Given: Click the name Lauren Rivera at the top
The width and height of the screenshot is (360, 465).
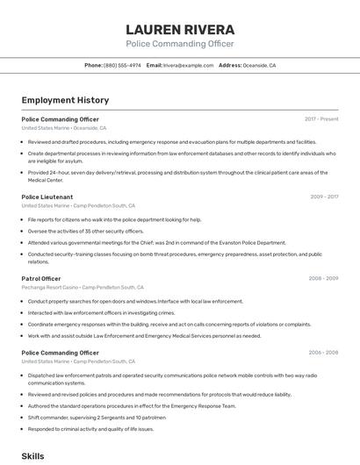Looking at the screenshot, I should tap(180, 29).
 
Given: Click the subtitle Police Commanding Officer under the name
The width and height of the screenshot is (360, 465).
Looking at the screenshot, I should tap(180, 43).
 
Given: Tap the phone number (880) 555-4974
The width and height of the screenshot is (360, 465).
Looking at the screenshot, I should tap(122, 65).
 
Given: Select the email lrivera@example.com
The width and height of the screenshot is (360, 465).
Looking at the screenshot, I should tap(188, 65).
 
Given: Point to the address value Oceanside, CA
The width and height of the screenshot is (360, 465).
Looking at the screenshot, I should tap(259, 65).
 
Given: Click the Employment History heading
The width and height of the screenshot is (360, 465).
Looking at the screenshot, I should tap(60, 100).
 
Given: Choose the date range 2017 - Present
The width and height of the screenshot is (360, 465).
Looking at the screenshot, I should tap(321, 118).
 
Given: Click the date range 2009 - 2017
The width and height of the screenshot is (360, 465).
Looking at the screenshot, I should tap(324, 197).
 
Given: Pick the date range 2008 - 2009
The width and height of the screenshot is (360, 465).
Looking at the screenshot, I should tap(323, 278).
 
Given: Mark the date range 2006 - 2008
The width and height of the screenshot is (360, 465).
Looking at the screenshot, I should tap(323, 352).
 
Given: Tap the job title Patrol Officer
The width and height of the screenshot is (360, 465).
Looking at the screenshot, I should tap(40, 278).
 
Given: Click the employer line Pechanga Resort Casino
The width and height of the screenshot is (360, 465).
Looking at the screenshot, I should tap(51, 287).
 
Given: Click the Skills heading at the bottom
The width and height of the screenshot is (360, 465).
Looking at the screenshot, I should tap(32, 456).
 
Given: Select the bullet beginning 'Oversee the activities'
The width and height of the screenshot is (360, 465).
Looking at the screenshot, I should tap(85, 231).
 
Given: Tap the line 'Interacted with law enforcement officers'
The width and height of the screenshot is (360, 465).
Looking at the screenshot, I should tap(101, 312).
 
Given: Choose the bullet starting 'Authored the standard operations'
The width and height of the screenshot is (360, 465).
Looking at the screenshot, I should tap(132, 406).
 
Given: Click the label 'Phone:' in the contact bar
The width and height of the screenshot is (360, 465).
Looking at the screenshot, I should tap(93, 65).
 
